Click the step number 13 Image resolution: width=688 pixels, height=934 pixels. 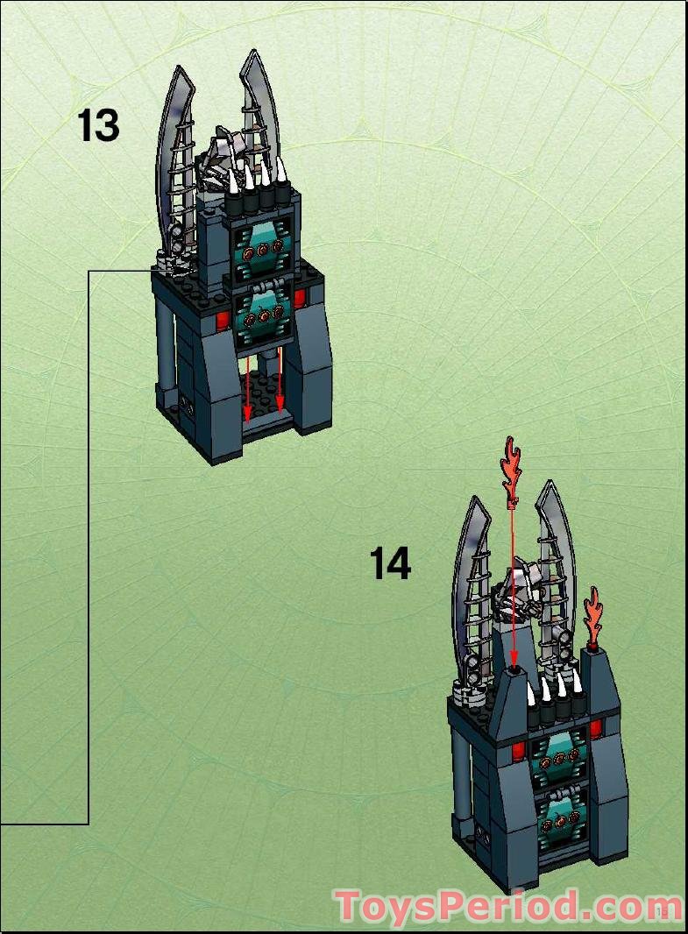coord(98,125)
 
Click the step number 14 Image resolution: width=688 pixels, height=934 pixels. coord(390,563)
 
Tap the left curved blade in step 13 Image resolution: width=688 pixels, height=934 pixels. coord(171,149)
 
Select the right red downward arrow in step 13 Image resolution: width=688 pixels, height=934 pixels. coord(280,381)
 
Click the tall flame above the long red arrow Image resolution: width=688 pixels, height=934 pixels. coord(511,469)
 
